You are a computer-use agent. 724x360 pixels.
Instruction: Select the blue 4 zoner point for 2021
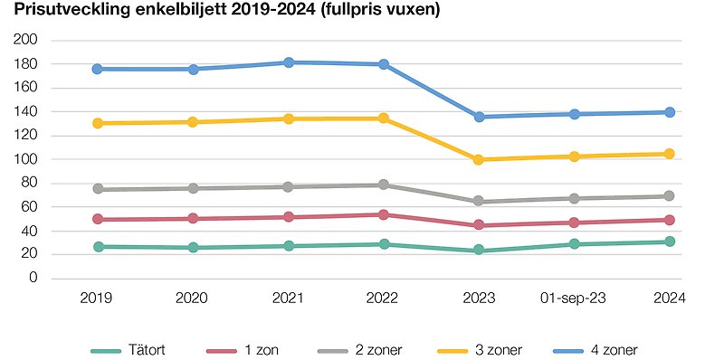(289, 62)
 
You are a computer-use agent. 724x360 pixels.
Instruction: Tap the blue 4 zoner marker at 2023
(480, 117)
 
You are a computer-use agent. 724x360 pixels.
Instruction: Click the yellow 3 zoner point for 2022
(384, 118)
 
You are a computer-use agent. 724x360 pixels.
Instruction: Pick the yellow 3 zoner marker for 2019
(97, 123)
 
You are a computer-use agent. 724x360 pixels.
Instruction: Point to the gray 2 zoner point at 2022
(384, 185)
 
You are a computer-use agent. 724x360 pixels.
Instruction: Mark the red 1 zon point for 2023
(480, 225)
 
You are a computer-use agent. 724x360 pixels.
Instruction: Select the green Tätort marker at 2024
(670, 242)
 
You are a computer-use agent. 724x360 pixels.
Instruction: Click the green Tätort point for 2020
(193, 248)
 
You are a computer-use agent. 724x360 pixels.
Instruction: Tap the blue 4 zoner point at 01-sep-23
(575, 114)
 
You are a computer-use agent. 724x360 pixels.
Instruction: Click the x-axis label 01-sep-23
(575, 298)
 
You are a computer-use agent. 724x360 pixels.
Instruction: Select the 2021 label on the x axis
(289, 298)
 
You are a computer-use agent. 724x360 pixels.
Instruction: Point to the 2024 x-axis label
(670, 298)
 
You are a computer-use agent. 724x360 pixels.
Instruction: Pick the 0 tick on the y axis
(33, 278)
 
